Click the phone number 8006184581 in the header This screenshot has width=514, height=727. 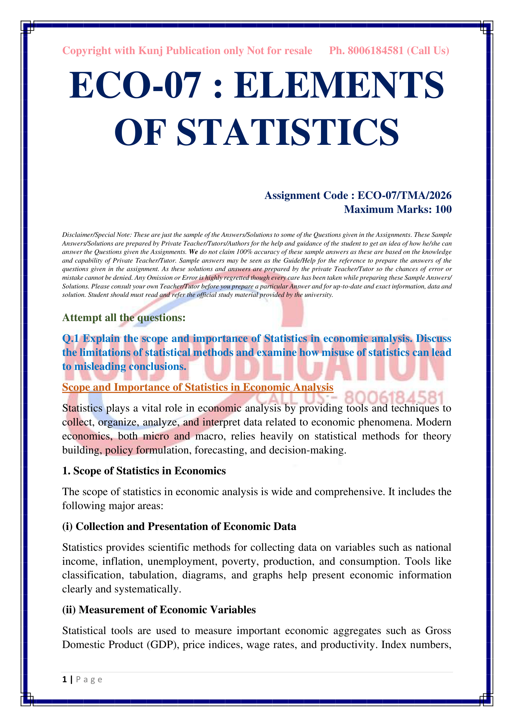tap(376, 51)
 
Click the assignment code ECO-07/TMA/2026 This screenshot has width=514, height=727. tap(404, 196)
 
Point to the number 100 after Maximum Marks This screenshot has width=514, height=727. tap(443, 209)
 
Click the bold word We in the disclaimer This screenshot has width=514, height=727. tap(193, 252)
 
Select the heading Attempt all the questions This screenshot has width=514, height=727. tap(124, 317)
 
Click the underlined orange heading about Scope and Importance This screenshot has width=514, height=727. tap(198, 387)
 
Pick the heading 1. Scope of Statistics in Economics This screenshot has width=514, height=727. tap(144, 471)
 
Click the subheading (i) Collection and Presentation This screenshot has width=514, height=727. tap(179, 526)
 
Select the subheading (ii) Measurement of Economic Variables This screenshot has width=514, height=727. tap(159, 610)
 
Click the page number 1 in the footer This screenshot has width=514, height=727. tap(65, 679)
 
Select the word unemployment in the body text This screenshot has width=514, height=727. tap(182, 561)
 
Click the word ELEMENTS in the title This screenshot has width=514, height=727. tap(339, 85)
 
